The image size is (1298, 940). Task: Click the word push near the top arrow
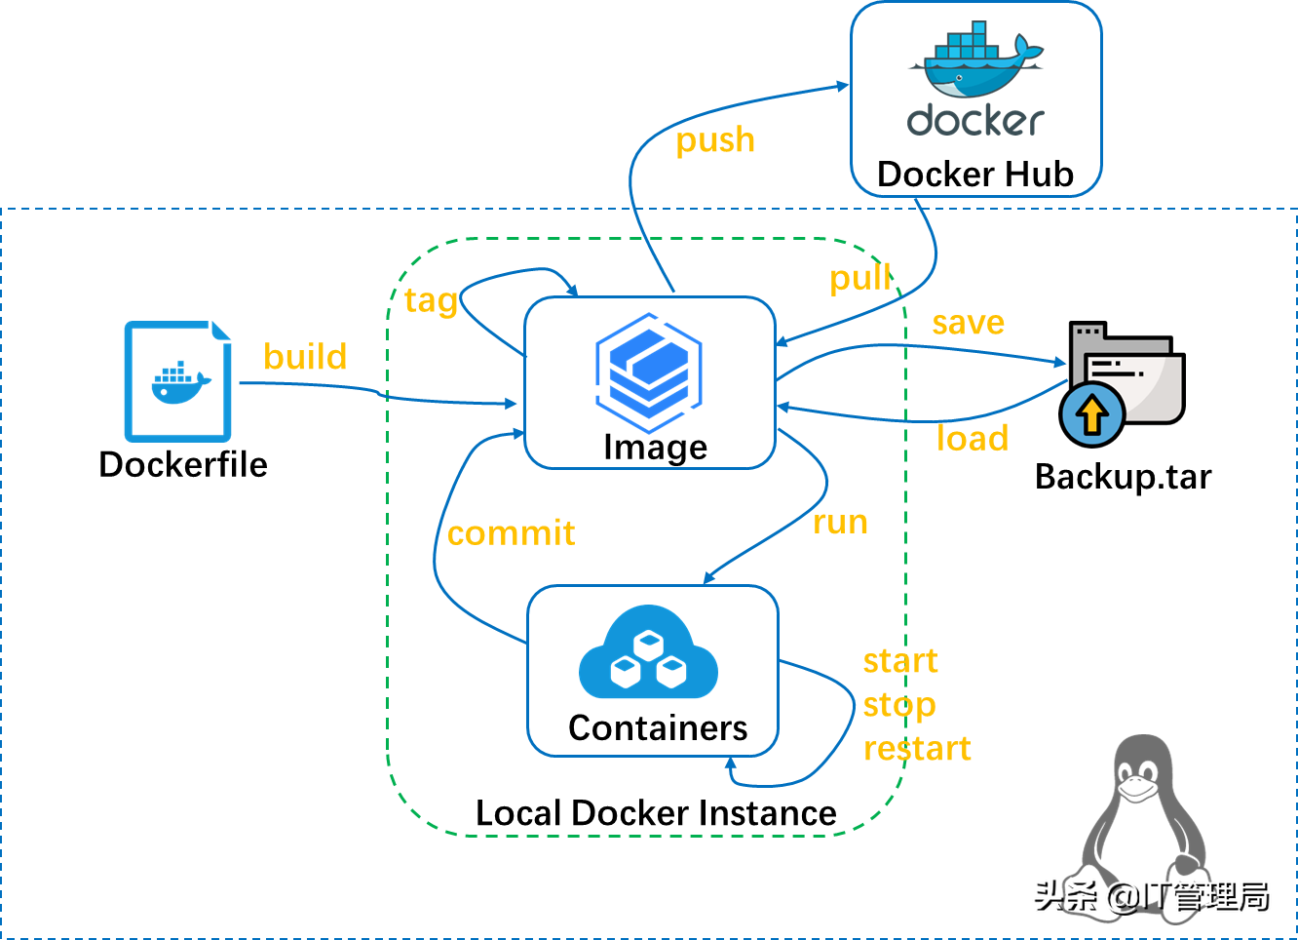pos(715,140)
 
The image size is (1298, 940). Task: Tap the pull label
pos(859,278)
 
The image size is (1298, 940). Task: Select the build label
pos(305,357)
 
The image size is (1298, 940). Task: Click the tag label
pos(431,300)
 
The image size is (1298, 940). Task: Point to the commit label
pos(511,533)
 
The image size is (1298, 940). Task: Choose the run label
pos(840,523)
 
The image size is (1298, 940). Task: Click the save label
pos(968,323)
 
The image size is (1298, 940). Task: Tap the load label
pos(972,439)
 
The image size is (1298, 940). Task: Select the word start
pos(899,661)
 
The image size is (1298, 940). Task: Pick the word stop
pos(898,705)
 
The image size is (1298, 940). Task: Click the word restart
pos(917,749)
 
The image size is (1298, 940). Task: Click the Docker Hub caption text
pos(974,175)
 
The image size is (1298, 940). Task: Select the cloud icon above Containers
pos(648,655)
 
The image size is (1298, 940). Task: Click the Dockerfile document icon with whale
pos(178,382)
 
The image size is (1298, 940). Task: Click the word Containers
pos(658,728)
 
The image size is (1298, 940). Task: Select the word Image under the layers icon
pos(655,448)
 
